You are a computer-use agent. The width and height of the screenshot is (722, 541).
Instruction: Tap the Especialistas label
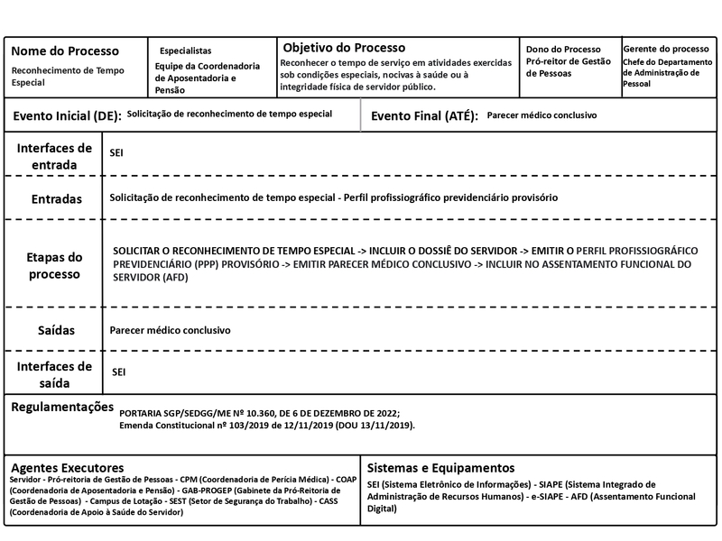pos(185,51)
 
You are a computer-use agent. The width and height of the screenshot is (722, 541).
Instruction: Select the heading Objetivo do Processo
pos(344,47)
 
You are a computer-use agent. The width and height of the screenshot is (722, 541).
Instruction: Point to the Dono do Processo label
pos(562,50)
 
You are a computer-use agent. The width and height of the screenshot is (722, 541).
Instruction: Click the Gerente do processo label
pos(666,49)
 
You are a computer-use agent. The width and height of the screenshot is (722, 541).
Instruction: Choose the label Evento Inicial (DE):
pos(67,116)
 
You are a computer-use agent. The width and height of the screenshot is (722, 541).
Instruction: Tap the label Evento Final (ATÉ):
pos(424,116)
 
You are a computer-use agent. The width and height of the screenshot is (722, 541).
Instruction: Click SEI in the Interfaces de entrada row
pos(116,153)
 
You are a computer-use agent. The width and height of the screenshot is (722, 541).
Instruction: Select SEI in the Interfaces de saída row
pos(119,371)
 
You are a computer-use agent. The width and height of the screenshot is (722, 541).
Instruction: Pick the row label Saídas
pos(56,330)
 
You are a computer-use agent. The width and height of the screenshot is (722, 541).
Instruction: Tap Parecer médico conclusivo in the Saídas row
pos(171,331)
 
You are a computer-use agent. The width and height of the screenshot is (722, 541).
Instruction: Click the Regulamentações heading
pos(62,408)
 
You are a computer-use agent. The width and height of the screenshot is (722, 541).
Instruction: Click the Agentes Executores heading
pos(67,468)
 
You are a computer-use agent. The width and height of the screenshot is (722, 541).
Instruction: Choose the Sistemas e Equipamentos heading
pos(441,468)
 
